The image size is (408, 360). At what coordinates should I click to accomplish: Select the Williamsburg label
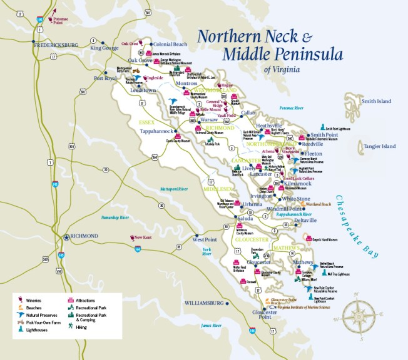pos(205,302)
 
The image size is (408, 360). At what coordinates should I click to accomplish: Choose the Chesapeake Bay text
pos(357,225)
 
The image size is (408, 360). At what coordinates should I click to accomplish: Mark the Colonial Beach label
pos(170,44)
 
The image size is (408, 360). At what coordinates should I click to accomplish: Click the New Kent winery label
pos(143,237)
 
